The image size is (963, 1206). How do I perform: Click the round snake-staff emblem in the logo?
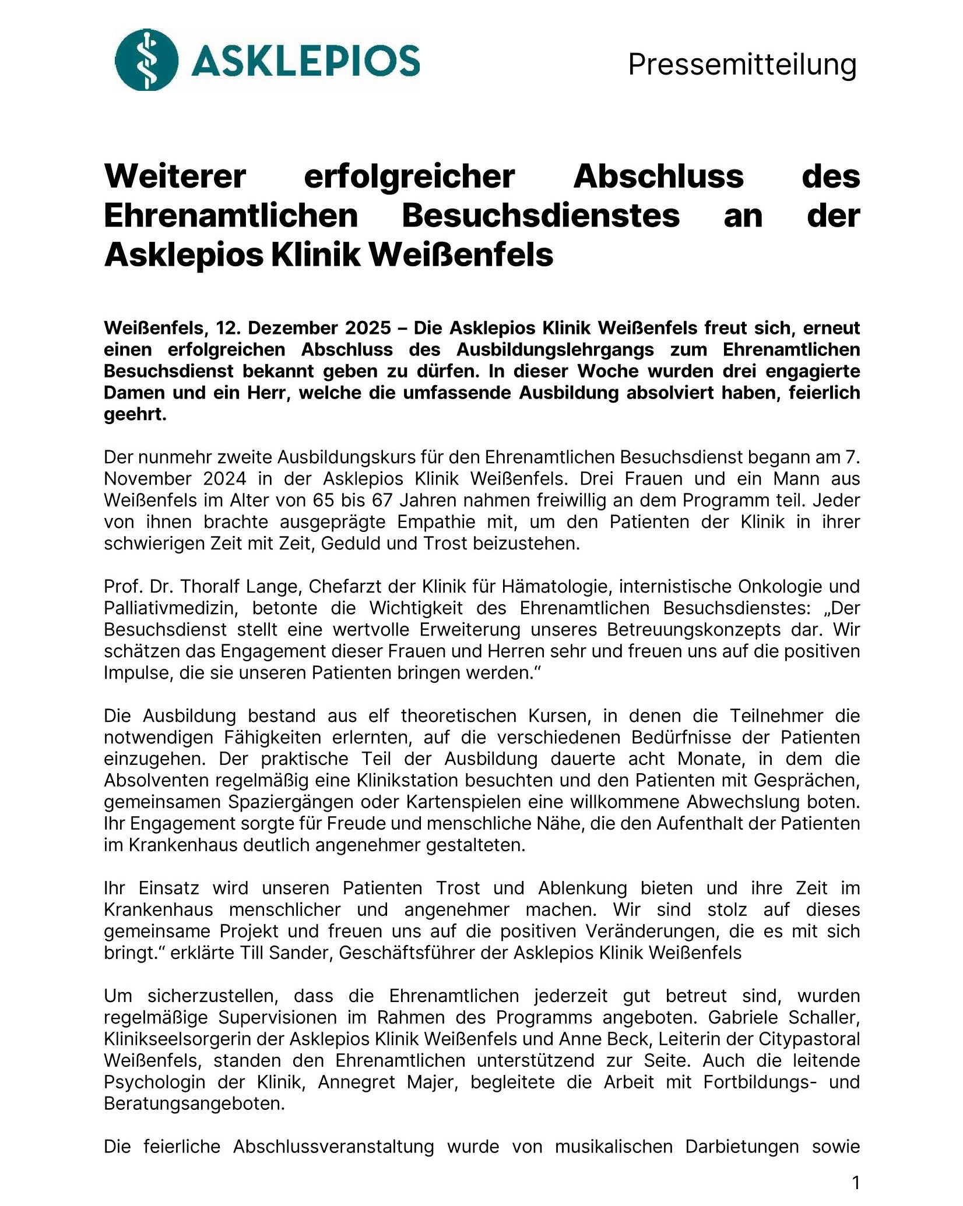146,59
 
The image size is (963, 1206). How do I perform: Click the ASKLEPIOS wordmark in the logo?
305,61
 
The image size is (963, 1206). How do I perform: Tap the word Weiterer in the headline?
175,177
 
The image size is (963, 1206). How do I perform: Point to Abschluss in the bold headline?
658,177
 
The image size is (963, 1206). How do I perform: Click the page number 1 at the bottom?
856,1183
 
